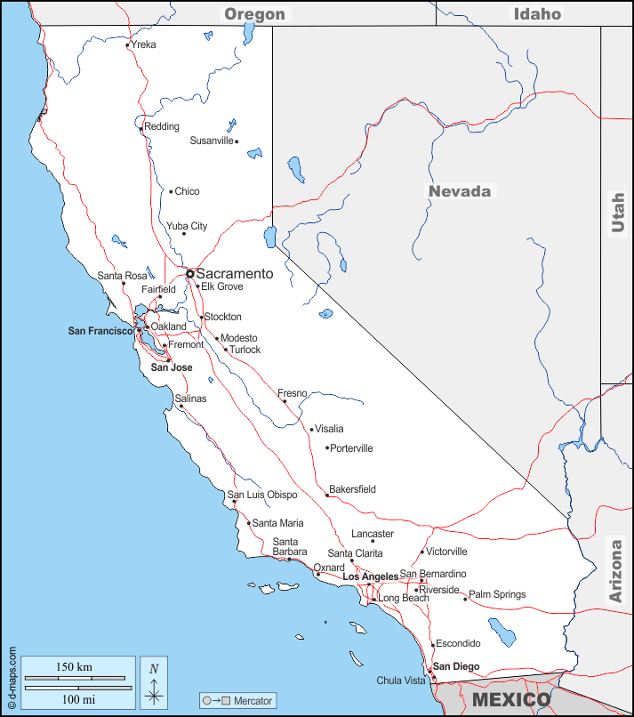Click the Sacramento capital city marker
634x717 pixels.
point(189,273)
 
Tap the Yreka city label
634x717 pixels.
point(143,44)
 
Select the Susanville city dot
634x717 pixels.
point(237,141)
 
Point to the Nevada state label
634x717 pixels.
point(460,191)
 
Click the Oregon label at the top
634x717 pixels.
point(254,13)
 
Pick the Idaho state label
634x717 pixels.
point(537,13)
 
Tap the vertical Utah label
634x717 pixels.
point(618,213)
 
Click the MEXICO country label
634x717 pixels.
point(511,699)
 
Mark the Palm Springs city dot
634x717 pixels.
point(465,599)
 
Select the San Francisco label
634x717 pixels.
point(100,331)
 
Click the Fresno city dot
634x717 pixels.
point(285,401)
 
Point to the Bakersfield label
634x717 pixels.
point(352,489)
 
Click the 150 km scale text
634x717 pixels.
point(74,667)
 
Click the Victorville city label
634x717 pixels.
point(446,552)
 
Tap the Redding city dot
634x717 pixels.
point(141,129)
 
